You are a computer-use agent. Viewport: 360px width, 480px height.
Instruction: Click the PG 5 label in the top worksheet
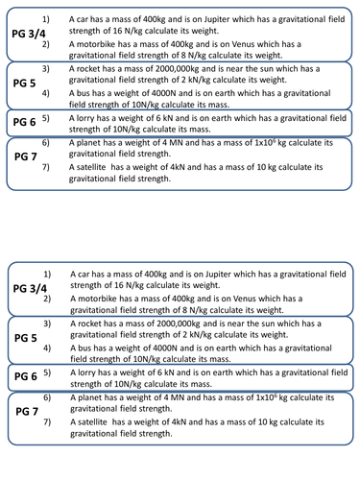click(x=25, y=83)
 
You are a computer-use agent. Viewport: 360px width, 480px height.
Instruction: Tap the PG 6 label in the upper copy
click(x=25, y=123)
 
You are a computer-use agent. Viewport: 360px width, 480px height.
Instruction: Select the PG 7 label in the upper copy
click(x=25, y=155)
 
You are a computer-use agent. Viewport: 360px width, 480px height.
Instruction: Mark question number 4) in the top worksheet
click(x=46, y=94)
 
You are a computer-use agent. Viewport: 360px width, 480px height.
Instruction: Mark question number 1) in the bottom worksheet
click(x=46, y=275)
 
